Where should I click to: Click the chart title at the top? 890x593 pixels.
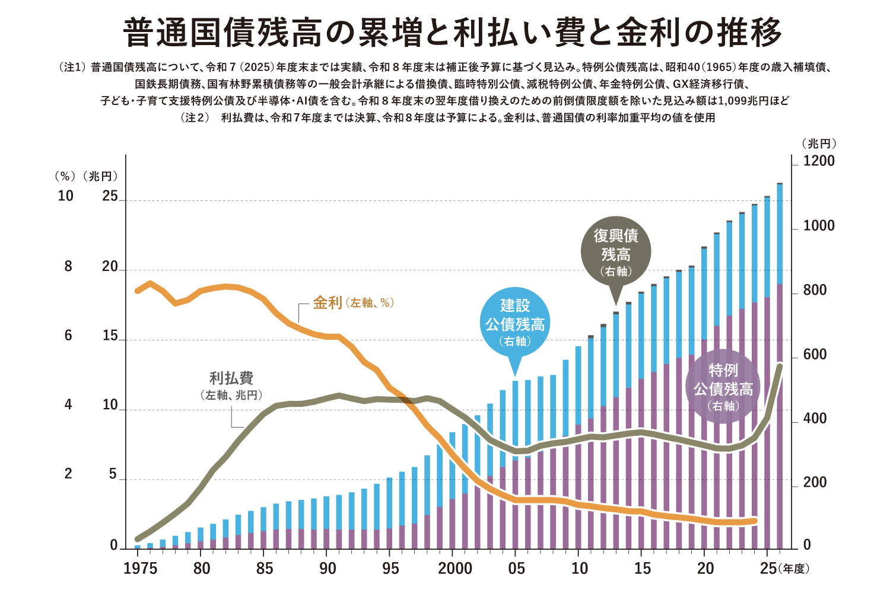coord(452,33)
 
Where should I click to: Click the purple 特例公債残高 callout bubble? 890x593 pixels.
coord(723,387)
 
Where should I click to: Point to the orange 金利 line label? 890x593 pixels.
coord(353,303)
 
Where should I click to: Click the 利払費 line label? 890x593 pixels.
coord(231,385)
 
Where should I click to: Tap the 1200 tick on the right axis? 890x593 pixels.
coord(819,161)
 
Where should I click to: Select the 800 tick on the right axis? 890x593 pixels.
coord(815,290)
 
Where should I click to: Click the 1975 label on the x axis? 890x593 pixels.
coord(140,569)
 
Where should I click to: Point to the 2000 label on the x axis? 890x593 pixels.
coord(455,569)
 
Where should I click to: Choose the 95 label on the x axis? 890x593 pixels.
coord(390,569)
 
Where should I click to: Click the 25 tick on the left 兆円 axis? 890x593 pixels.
coord(110,196)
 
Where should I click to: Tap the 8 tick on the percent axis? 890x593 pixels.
coord(68,266)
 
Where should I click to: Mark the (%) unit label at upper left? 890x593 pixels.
coord(65,176)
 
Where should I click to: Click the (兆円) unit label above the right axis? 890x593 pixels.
coord(818,144)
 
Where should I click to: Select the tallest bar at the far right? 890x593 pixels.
coord(780,366)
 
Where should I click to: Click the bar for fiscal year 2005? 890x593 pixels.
coord(516,465)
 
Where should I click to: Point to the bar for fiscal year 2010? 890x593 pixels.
coord(578,448)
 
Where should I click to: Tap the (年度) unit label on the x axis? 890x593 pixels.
coord(794,569)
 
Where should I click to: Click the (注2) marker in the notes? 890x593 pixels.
coord(195,117)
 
